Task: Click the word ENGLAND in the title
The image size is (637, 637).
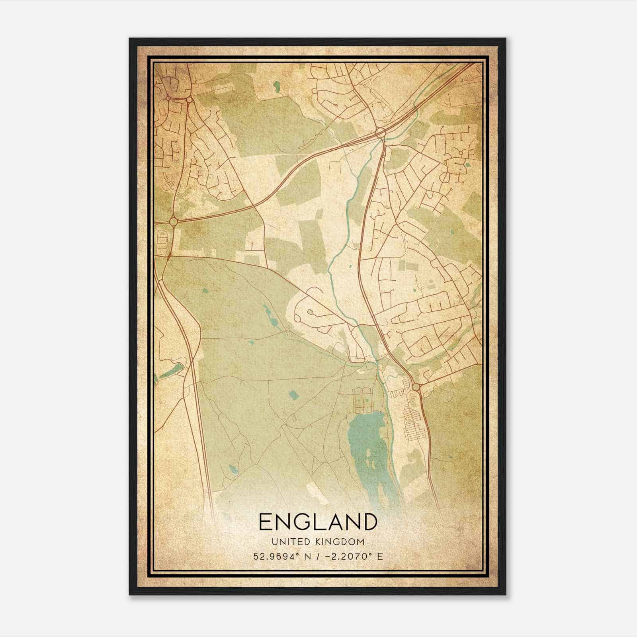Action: [318, 522]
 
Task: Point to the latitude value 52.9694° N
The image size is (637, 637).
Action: [279, 556]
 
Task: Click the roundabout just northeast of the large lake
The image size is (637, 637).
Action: [416, 387]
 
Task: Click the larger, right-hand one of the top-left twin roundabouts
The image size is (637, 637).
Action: [189, 100]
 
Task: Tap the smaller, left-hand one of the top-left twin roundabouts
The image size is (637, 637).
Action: [169, 98]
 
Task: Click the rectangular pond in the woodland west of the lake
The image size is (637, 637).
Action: [294, 394]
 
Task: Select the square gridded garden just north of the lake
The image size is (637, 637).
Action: [361, 400]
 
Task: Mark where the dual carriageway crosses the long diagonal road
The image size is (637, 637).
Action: [255, 206]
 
